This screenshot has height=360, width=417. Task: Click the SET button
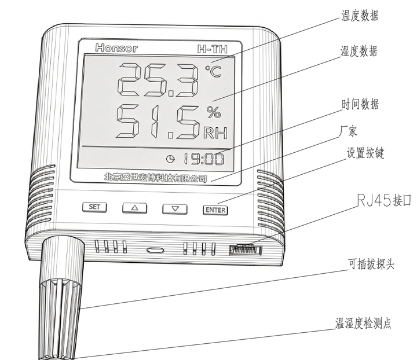point(94,207)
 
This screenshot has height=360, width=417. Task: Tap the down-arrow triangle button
point(175,209)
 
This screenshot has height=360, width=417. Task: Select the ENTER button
point(215,210)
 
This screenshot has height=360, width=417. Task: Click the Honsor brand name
point(116,48)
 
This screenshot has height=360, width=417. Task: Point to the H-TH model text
point(213,49)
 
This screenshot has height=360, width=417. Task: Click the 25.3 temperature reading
point(159,80)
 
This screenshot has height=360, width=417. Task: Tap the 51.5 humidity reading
point(158,122)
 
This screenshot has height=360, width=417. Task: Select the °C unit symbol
point(213,71)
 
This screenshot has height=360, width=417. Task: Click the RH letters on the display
point(215,133)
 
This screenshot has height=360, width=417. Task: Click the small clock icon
point(170,159)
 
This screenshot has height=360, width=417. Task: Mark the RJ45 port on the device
point(246,249)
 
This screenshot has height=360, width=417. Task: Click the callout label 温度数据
point(360,16)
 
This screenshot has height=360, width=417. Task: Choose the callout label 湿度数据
point(359,51)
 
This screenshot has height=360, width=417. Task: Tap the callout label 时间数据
point(360,104)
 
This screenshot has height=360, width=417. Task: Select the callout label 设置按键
point(365,153)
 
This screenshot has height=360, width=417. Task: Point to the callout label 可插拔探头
point(371,264)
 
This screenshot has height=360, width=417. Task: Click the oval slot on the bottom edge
point(155,250)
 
